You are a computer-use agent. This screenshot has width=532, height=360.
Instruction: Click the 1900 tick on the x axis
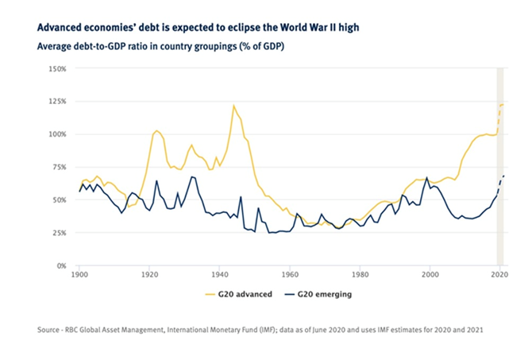click(79, 274)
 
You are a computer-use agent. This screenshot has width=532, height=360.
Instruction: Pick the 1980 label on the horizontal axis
click(360, 274)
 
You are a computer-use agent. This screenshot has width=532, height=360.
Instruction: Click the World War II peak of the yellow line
click(233, 106)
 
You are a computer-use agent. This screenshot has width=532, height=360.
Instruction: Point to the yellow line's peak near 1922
click(157, 130)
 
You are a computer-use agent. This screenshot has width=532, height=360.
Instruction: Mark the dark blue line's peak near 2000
click(427, 178)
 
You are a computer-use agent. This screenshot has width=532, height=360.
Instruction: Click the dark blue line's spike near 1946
click(241, 198)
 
